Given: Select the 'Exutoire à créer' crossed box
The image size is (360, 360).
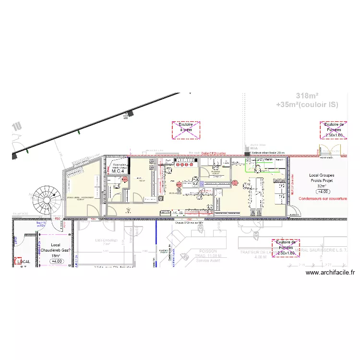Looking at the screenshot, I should (185, 130).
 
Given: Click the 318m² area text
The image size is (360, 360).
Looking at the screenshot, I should (308, 96).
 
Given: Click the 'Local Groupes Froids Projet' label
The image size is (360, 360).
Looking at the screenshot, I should (321, 179).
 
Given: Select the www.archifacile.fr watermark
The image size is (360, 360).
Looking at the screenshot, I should (330, 273).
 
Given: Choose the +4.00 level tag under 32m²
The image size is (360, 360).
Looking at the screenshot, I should (321, 192).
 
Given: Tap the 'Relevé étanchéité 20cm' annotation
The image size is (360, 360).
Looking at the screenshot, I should (269, 153).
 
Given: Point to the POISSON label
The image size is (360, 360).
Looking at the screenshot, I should (208, 251).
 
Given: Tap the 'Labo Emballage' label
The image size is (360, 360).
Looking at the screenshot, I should (106, 240).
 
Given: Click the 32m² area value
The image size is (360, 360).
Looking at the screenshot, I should (321, 186).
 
